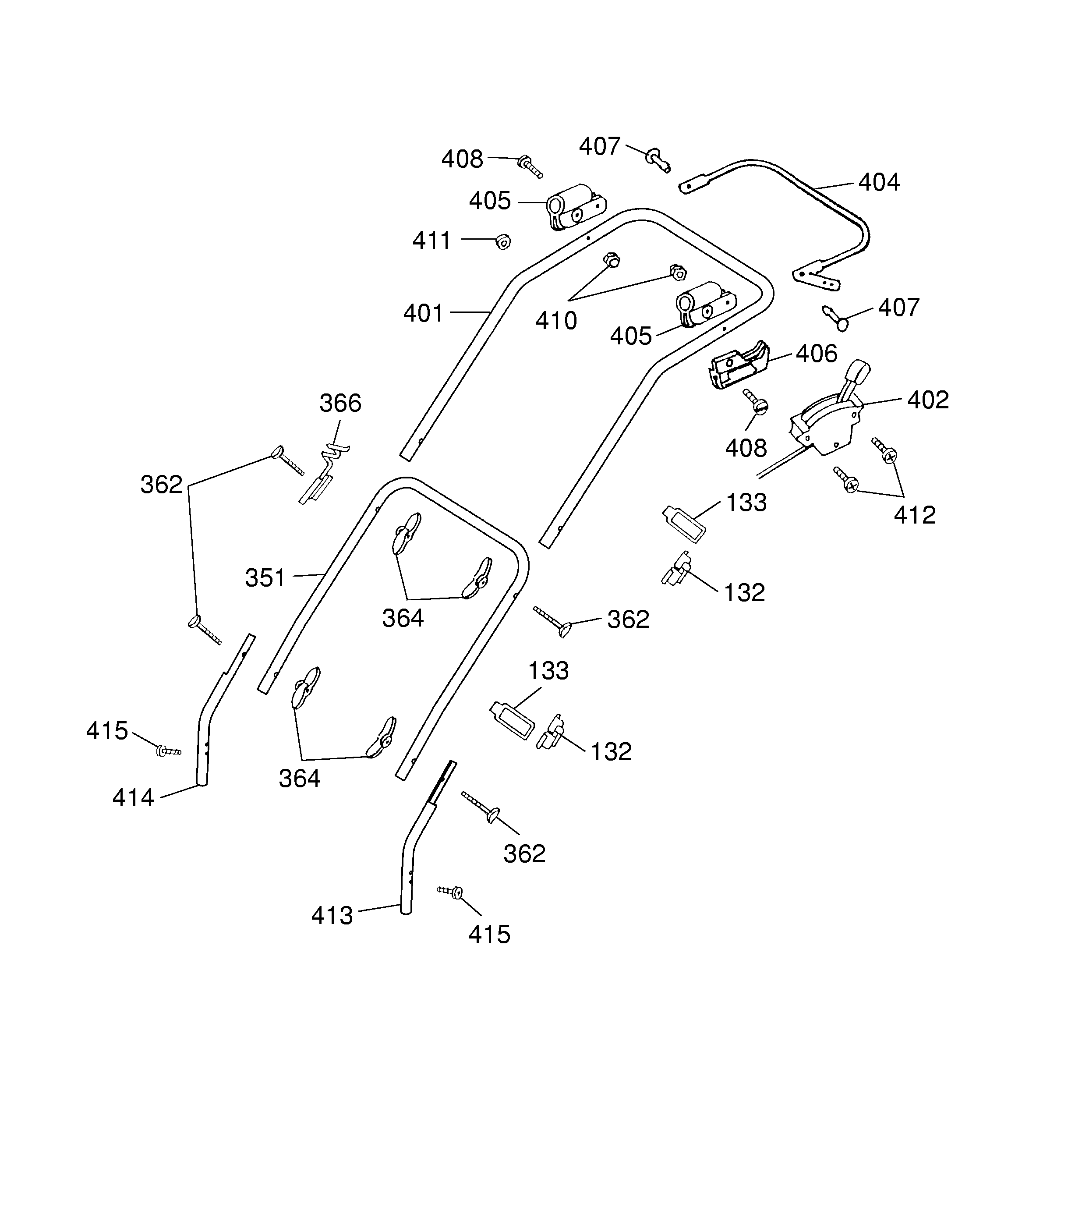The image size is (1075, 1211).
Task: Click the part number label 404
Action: [x=879, y=182]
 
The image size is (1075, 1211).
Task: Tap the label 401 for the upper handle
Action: [x=424, y=313]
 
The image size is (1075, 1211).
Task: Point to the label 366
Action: [x=340, y=404]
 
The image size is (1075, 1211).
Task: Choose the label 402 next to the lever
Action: [x=928, y=400]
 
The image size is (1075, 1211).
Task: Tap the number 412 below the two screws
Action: [x=915, y=515]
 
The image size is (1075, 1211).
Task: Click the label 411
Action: [x=432, y=241]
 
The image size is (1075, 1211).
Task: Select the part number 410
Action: [x=556, y=321]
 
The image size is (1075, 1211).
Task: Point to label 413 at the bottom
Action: [x=332, y=916]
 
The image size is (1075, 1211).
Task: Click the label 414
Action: [x=133, y=798]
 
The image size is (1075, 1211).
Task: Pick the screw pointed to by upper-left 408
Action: [x=530, y=166]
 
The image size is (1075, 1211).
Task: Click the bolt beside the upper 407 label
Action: [x=658, y=160]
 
